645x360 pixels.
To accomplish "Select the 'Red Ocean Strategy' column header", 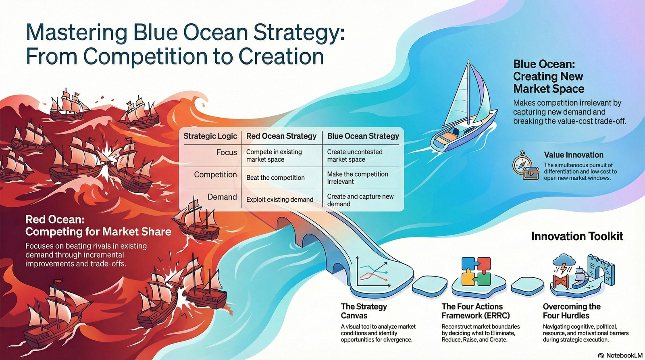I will click(281, 136).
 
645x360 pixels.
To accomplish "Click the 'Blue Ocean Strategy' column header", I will click(363, 136).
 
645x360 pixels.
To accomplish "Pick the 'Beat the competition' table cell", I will click(275, 178).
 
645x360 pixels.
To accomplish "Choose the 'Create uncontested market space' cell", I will click(355, 156).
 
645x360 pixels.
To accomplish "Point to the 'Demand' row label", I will click(222, 197).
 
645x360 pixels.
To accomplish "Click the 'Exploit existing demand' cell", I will click(280, 200).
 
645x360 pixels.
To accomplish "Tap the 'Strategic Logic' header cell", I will click(210, 136).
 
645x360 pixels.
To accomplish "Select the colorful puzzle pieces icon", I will click(476, 271).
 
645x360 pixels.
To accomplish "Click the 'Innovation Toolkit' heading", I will click(577, 236).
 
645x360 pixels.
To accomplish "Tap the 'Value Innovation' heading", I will click(573, 155).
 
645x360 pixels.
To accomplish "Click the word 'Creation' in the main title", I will click(281, 56).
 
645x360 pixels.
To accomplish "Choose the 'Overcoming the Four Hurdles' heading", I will click(571, 311).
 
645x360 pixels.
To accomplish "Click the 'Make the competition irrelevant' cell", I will click(358, 178).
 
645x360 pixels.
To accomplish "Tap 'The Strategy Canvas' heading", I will click(364, 311).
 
